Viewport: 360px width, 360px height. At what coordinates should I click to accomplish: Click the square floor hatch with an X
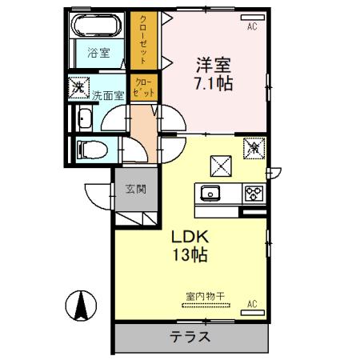[220, 164]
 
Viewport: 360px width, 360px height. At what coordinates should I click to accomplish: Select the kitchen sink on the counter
[211, 193]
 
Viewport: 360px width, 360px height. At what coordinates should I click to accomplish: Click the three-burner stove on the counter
[253, 193]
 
